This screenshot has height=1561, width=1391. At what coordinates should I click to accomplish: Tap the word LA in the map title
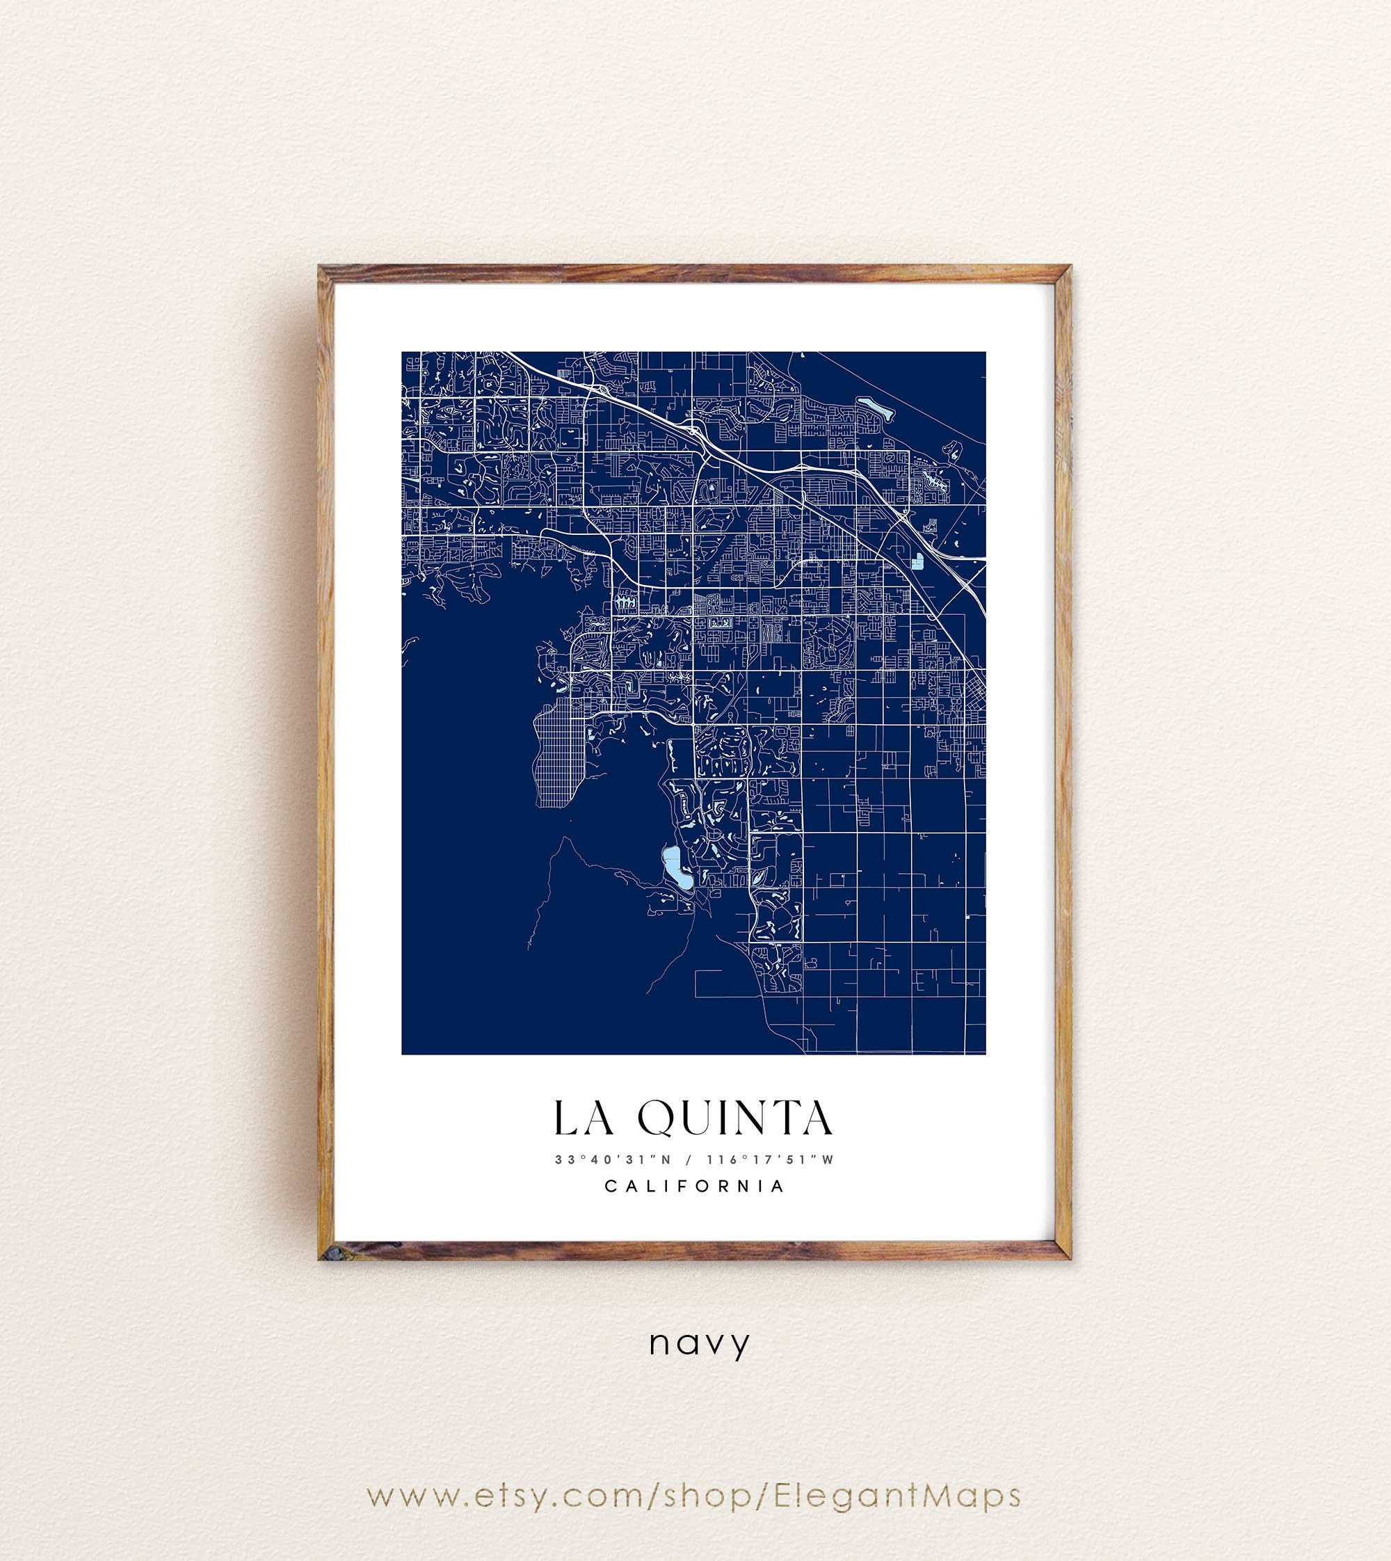(583, 1118)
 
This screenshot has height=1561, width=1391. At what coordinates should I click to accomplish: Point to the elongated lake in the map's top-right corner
(874, 406)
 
